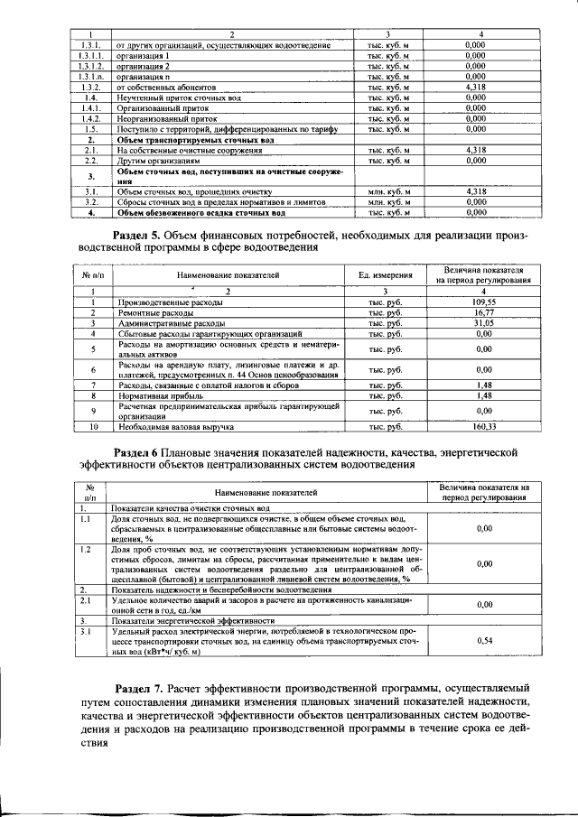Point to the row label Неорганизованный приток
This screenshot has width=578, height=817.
[x=166, y=117]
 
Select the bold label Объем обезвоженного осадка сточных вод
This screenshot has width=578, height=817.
[x=201, y=213]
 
